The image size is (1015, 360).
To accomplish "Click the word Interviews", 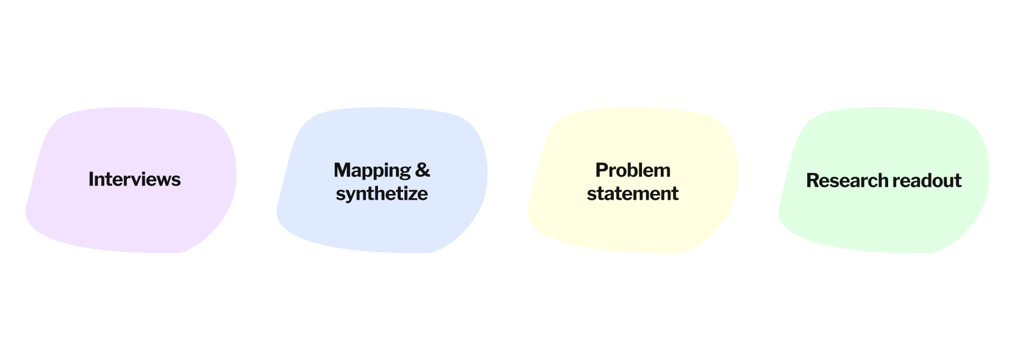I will (134, 180).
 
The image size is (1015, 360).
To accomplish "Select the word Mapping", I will (372, 171).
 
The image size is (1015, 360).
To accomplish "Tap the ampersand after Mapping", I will (422, 170).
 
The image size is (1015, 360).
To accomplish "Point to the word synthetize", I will (382, 193).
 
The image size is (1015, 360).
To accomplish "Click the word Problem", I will (632, 170).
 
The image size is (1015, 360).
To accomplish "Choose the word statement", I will (632, 193).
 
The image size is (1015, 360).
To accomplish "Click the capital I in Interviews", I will (91, 180).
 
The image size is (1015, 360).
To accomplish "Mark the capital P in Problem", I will (601, 170).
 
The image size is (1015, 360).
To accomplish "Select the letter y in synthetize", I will (352, 195).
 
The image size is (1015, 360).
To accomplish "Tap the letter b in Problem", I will (633, 170).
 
